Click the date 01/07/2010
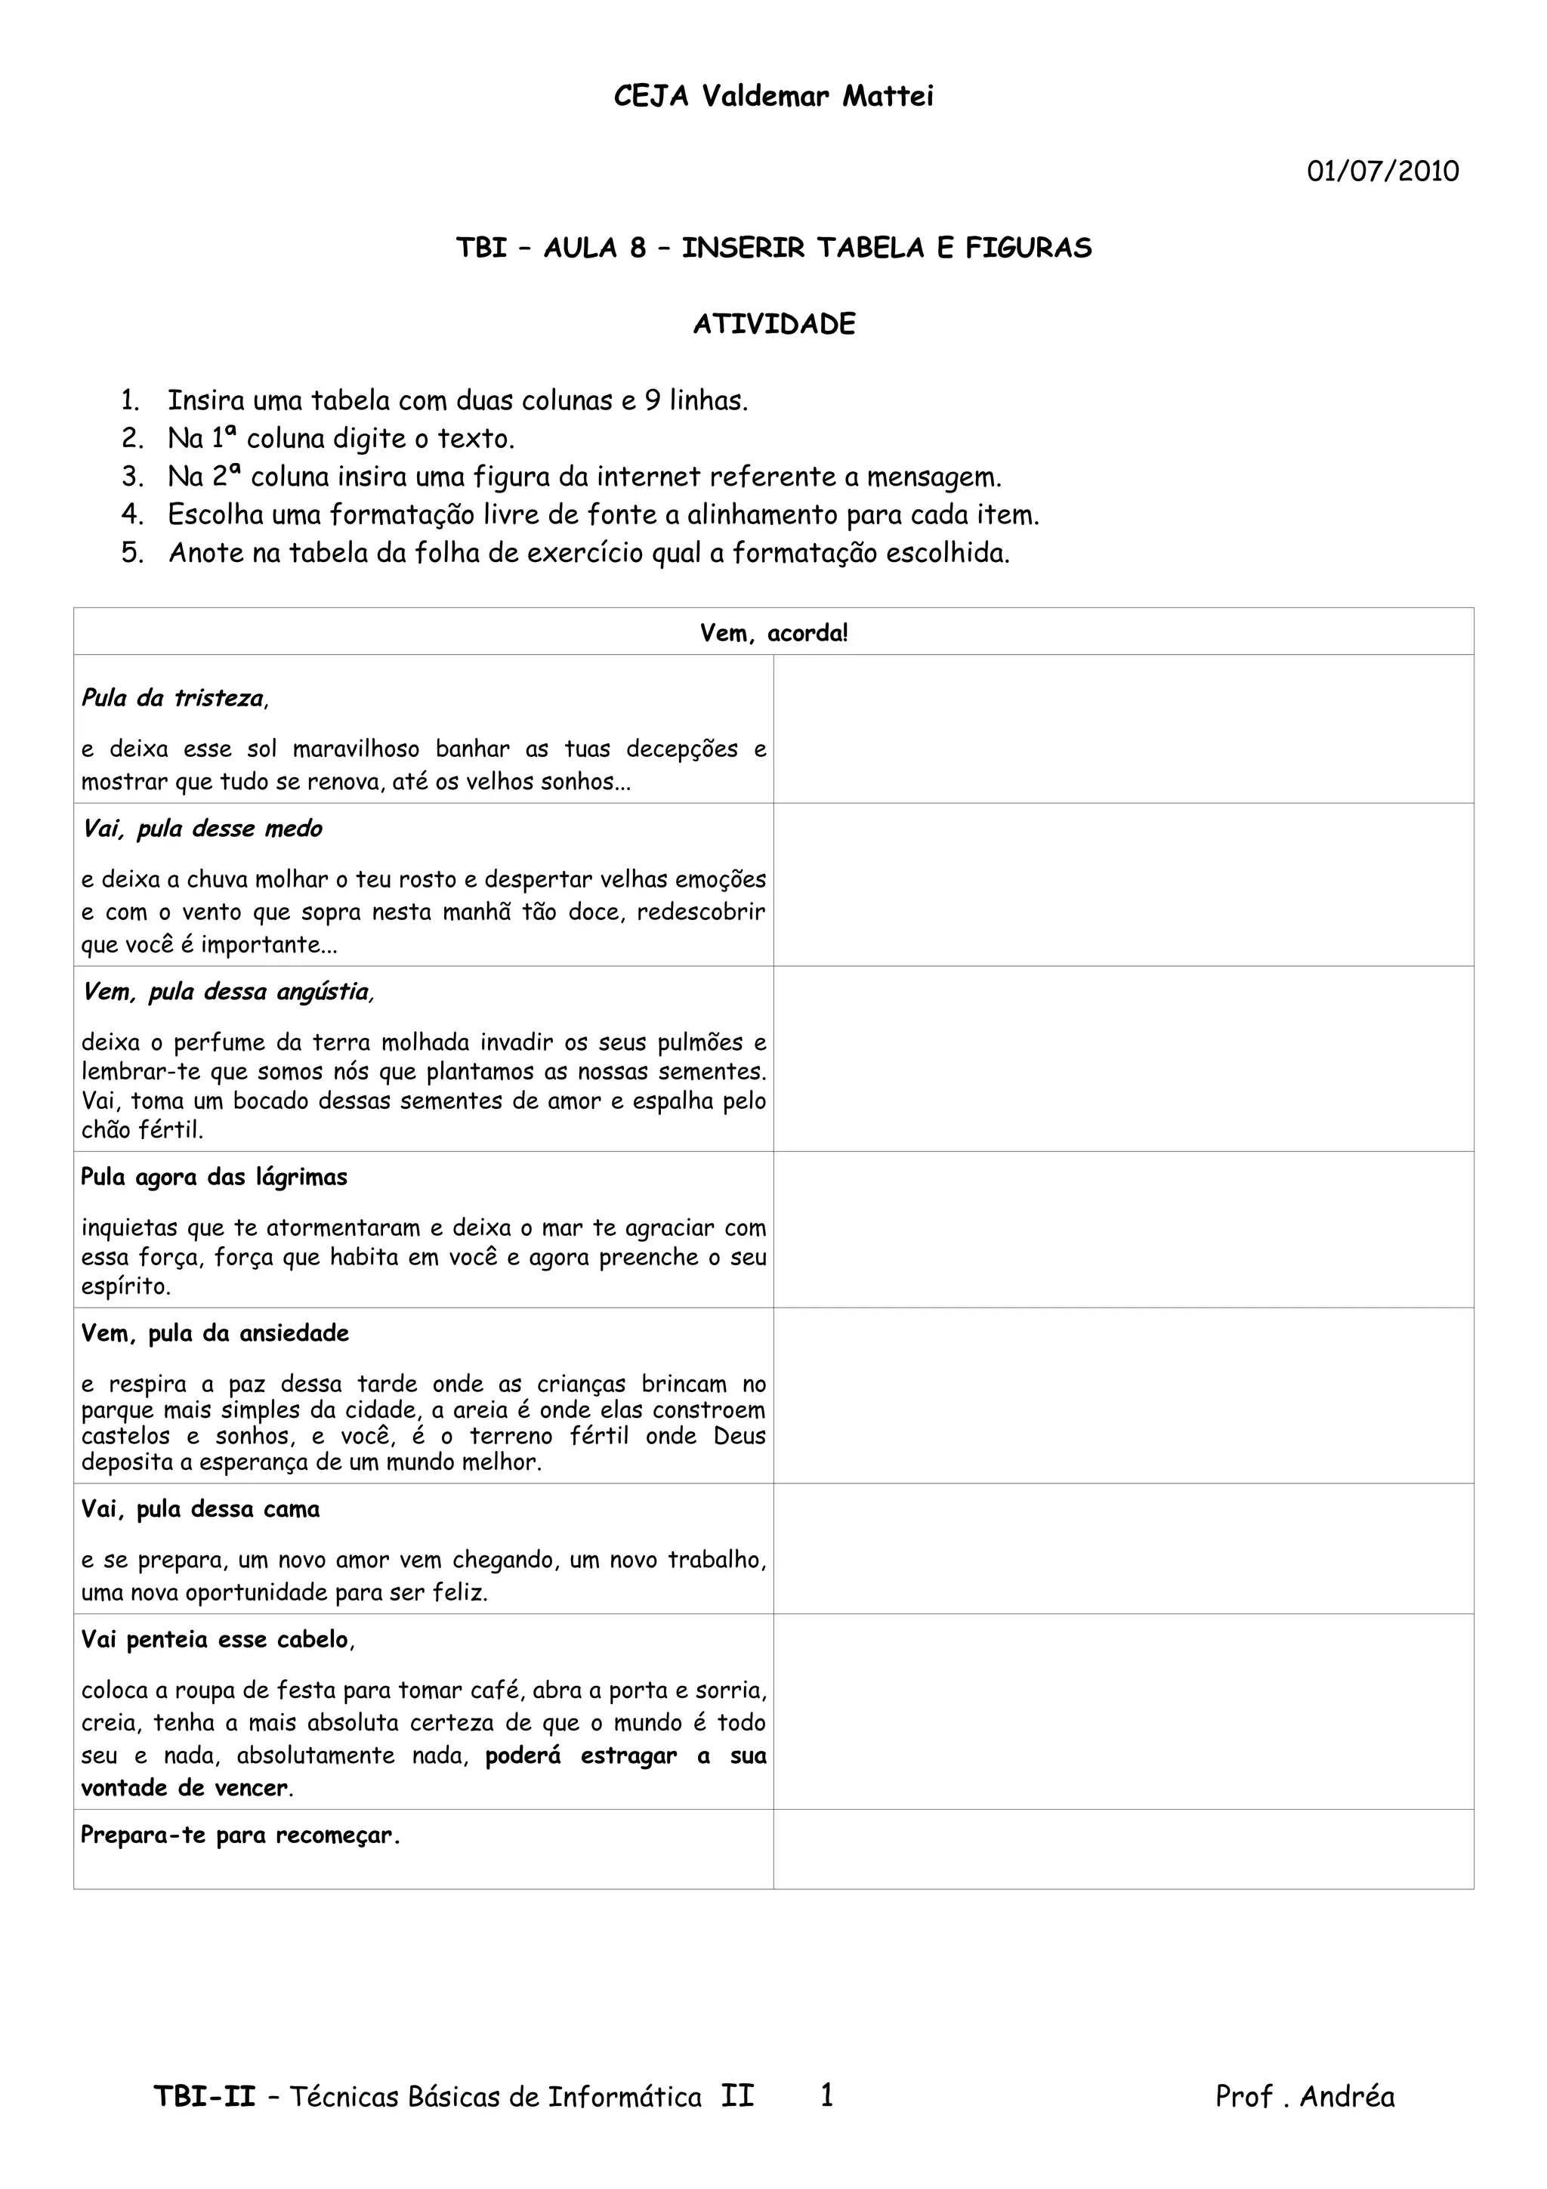pos(1382,171)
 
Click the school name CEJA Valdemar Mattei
pos(773,96)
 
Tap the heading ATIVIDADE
pos(774,324)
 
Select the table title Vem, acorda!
pos(773,633)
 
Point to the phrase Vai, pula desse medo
pos(202,829)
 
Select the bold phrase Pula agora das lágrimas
pos(214,1178)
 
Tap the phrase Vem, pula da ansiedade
pos(215,1333)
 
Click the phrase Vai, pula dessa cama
pos(200,1509)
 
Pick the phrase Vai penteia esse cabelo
pos(216,1640)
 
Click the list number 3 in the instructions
pos(131,477)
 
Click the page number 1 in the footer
pos(826,2095)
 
